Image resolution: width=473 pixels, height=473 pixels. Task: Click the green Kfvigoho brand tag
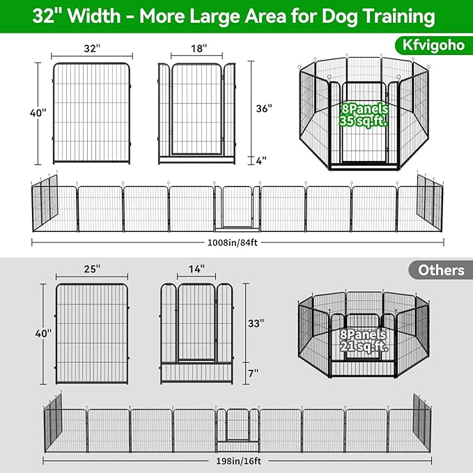pos(429,45)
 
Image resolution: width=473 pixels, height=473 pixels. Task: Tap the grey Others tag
pos(442,270)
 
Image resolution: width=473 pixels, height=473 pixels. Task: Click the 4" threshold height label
pos(261,160)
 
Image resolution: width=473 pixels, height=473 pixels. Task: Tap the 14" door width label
pos(197,268)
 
